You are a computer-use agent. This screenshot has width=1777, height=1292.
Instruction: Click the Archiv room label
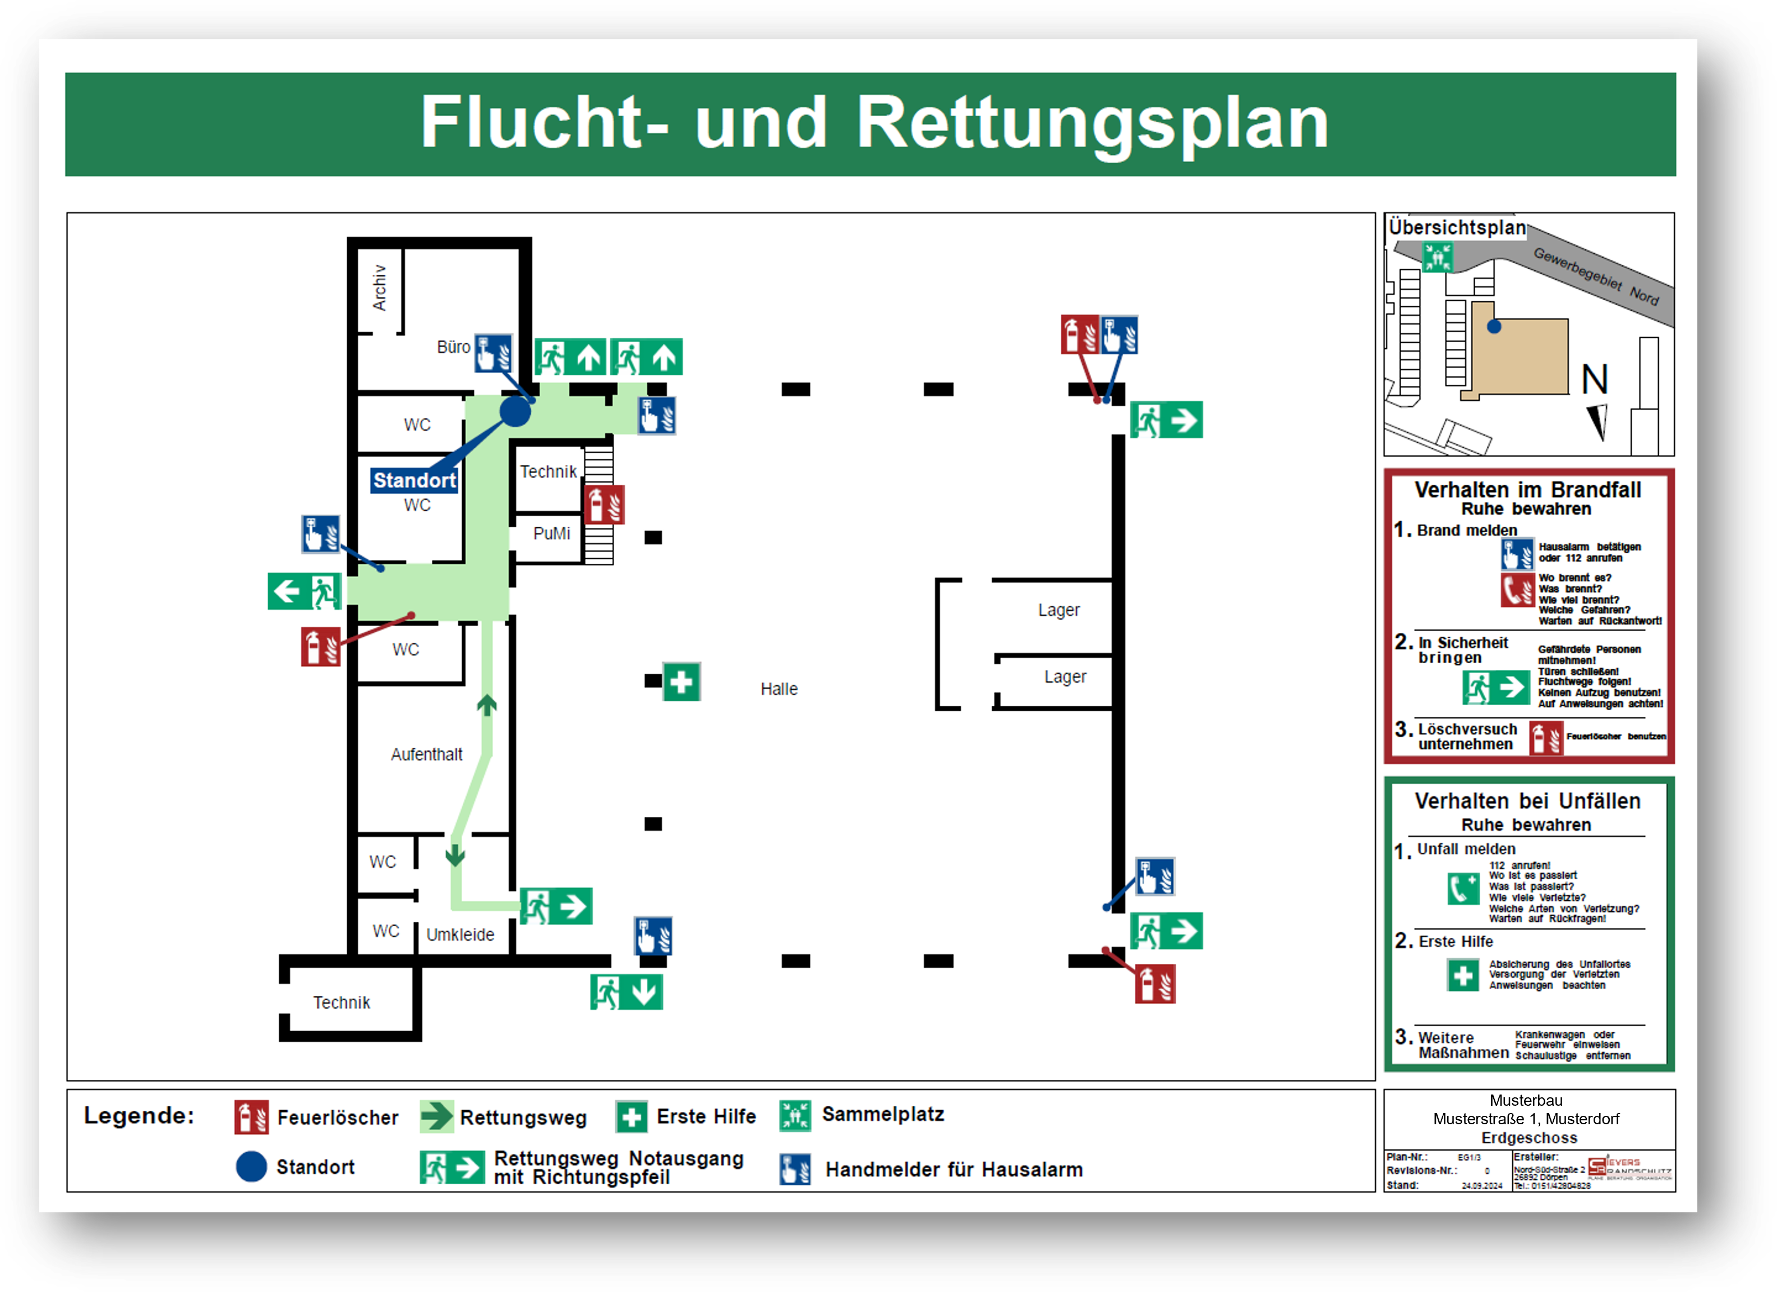tap(380, 288)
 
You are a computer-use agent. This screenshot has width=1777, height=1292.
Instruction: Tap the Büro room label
tap(453, 347)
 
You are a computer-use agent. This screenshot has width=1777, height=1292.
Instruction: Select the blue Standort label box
tap(414, 480)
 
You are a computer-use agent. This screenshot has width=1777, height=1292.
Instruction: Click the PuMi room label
tap(551, 534)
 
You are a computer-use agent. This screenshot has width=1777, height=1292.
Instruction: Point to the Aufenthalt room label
tap(426, 755)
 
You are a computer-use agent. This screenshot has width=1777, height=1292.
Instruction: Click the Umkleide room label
tap(460, 935)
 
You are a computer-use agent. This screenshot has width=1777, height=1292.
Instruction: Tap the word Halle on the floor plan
tap(779, 689)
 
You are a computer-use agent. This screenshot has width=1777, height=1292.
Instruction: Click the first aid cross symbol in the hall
tap(681, 682)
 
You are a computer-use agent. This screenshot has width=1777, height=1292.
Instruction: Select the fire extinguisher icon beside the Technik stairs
tap(604, 504)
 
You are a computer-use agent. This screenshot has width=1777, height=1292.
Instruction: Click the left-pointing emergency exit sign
tap(304, 591)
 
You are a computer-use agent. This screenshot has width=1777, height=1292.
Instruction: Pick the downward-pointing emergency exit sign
tap(626, 992)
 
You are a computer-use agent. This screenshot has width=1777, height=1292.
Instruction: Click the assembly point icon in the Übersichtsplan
tap(1437, 257)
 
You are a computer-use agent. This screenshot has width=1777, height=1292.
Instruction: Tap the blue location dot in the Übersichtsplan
tap(1494, 327)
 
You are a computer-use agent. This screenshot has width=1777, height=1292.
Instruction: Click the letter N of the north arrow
tap(1595, 380)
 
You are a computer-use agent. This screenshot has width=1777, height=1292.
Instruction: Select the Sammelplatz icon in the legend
tap(795, 1116)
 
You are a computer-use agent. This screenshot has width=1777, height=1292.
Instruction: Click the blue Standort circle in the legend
tap(251, 1167)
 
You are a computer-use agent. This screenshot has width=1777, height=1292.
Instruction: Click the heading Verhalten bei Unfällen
tap(1527, 801)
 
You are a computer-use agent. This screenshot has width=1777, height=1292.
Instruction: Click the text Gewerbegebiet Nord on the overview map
tap(1596, 276)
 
